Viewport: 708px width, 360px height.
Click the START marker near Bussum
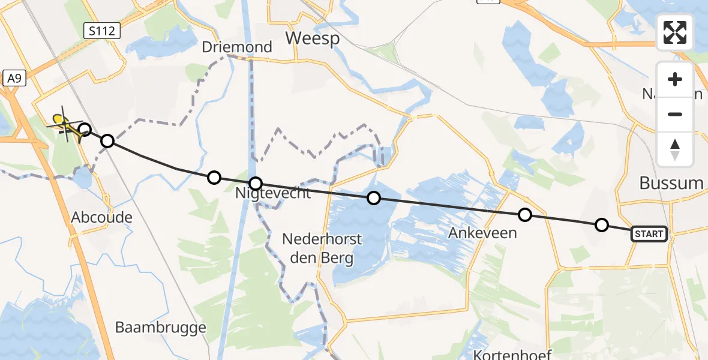[649, 234]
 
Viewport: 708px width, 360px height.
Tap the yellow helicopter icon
[65, 125]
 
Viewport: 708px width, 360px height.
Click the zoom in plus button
[675, 80]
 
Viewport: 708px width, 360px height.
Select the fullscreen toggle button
[675, 32]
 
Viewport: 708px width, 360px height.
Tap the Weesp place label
[312, 38]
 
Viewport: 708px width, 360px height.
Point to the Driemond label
[236, 47]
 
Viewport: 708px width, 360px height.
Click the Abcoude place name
[101, 217]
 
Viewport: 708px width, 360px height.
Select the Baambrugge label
[160, 328]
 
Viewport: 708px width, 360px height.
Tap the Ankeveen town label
[482, 232]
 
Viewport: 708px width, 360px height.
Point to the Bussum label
[671, 184]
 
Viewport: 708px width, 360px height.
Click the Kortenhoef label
[512, 354]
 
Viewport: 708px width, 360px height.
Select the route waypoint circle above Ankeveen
[525, 215]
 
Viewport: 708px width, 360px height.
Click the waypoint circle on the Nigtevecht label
[256, 183]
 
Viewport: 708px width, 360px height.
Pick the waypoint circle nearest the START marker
[601, 225]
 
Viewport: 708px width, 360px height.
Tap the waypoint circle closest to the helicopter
[85, 130]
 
